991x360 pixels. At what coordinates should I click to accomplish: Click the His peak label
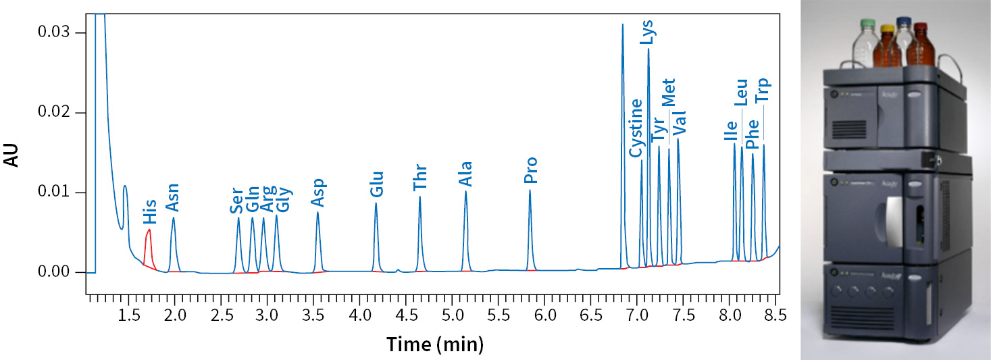[x=149, y=211]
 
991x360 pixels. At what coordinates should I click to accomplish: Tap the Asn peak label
[x=172, y=197]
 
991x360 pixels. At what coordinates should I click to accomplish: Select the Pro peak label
[x=531, y=171]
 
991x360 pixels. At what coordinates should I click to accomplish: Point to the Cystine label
[x=636, y=128]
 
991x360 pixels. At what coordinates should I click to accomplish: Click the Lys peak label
[x=647, y=32]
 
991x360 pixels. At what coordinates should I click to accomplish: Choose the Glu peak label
[x=377, y=184]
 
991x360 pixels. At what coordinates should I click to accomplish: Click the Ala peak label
[x=465, y=174]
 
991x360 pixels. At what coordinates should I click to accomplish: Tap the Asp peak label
[x=317, y=192]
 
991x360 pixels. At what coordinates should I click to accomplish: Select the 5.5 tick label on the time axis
[x=498, y=316]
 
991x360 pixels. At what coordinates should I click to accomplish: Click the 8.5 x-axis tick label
[x=774, y=316]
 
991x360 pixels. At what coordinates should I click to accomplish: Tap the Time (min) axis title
[x=434, y=345]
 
